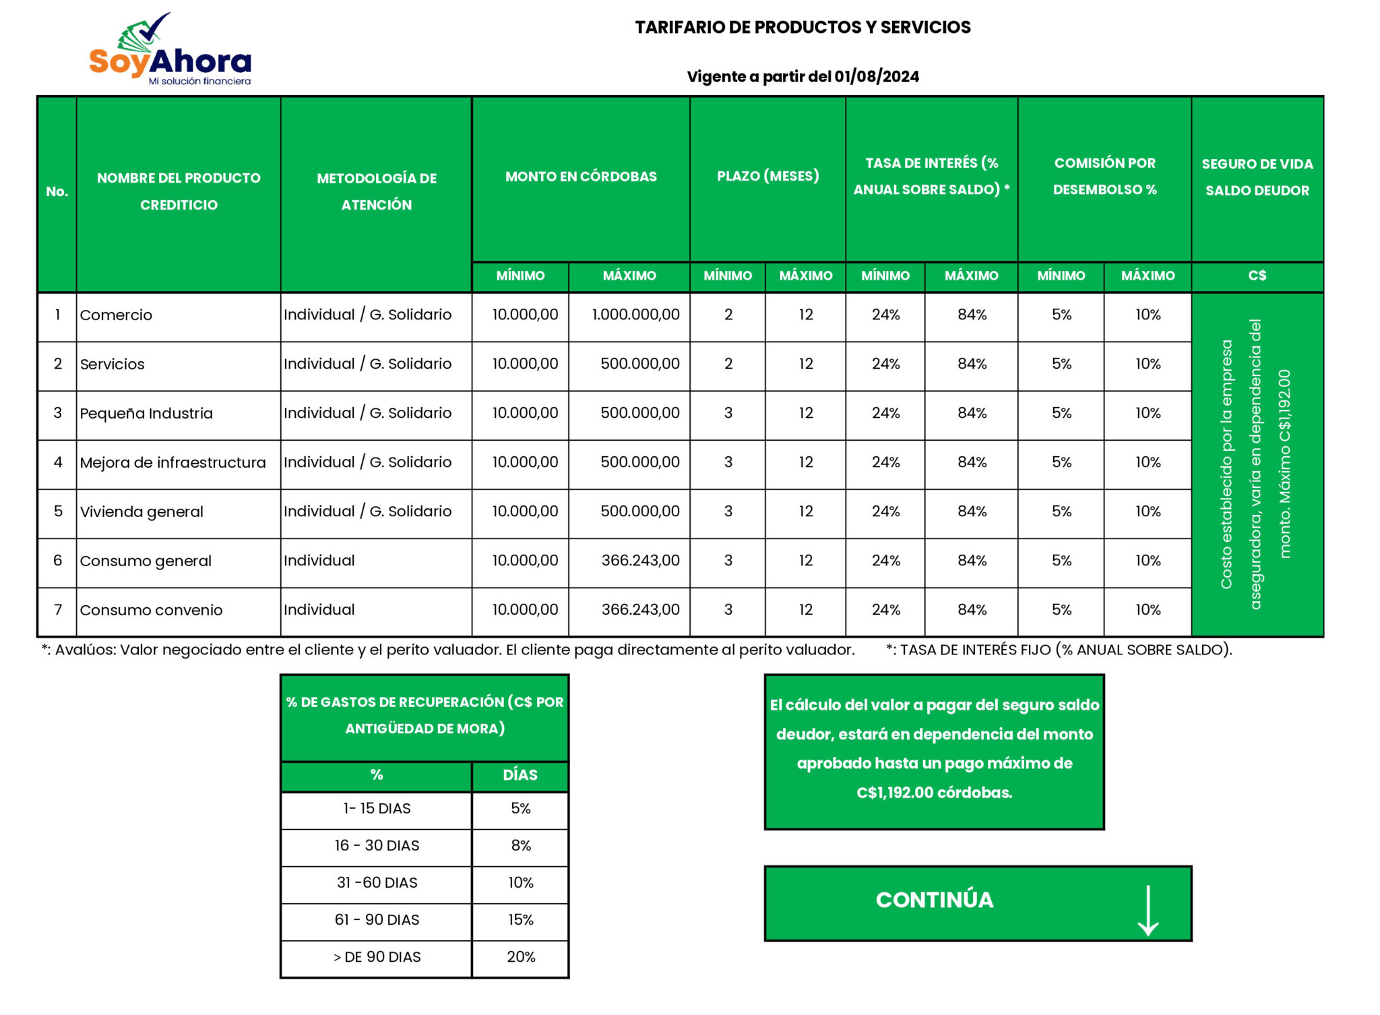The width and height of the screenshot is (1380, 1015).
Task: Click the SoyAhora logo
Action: click(x=170, y=51)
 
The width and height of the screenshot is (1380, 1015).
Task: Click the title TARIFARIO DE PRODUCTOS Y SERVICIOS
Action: click(x=803, y=28)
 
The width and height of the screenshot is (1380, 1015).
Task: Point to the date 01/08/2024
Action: click(x=877, y=77)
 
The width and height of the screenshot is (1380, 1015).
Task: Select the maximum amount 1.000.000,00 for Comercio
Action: click(x=635, y=315)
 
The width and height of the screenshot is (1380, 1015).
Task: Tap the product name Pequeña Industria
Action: click(x=146, y=413)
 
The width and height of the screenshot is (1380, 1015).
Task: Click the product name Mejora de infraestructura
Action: click(x=172, y=462)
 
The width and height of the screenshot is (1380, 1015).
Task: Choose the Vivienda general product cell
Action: click(x=142, y=512)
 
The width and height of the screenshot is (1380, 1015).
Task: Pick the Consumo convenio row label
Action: click(x=151, y=610)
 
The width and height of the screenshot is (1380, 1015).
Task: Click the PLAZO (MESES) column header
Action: click(x=767, y=177)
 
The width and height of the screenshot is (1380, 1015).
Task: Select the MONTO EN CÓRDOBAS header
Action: click(x=581, y=177)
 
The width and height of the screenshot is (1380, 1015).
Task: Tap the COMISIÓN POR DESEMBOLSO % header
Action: click(x=1104, y=177)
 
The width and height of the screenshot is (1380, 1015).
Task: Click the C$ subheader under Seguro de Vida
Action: click(x=1257, y=276)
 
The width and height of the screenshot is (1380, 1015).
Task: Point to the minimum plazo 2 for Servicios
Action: click(x=728, y=364)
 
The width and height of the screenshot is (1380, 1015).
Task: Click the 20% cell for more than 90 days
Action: click(x=521, y=957)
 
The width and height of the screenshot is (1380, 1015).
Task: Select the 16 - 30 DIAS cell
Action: click(x=377, y=846)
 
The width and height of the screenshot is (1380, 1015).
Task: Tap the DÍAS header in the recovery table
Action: click(x=520, y=775)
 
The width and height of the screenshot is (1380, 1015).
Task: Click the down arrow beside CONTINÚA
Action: click(x=1148, y=910)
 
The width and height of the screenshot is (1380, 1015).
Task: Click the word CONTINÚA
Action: click(x=934, y=900)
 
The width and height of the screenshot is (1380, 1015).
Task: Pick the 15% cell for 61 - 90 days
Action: click(x=521, y=920)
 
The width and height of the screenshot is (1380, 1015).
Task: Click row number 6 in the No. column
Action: click(x=58, y=561)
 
